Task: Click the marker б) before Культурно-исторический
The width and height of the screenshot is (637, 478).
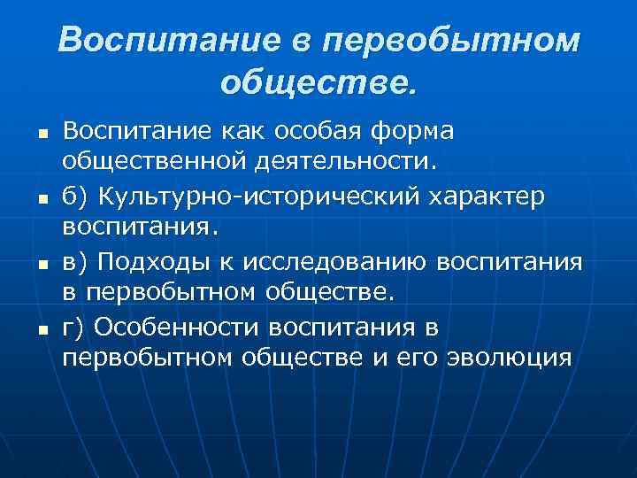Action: click(75, 197)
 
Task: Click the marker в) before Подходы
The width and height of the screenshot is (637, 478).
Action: click(75, 262)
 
